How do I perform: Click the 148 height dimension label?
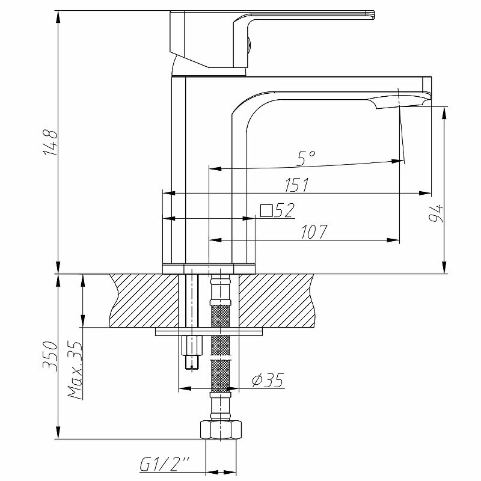(51, 142)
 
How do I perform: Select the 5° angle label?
(306, 158)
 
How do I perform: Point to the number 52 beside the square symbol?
(285, 210)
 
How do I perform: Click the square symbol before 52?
(266, 210)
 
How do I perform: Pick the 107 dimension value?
(313, 232)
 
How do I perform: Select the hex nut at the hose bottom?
(221, 430)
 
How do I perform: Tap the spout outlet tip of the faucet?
(402, 102)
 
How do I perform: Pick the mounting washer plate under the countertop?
(209, 331)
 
